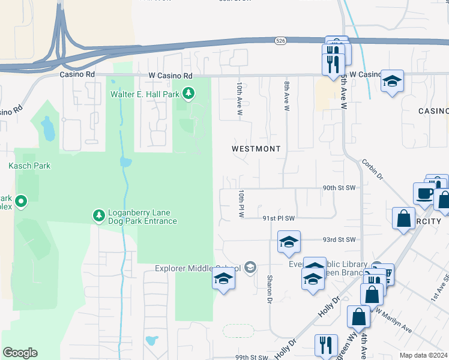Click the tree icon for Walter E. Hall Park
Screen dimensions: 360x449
tap(188, 93)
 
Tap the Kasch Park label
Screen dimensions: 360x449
tap(29, 166)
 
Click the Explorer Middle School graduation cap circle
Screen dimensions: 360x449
tap(250, 268)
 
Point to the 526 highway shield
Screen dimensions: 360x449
tap(280, 40)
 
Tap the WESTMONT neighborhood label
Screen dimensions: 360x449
tap(256, 148)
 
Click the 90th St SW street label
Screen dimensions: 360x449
tap(339, 188)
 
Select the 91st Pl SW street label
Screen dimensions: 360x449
tap(279, 218)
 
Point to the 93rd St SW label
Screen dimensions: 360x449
tap(339, 239)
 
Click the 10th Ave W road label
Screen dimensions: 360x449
tap(239, 100)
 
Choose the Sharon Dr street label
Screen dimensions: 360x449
tap(270, 289)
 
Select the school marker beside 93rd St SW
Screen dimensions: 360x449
tap(289, 243)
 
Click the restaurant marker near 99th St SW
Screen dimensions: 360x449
tap(326, 346)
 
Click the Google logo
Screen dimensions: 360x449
tap(20, 353)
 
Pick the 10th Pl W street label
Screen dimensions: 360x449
tap(241, 203)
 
